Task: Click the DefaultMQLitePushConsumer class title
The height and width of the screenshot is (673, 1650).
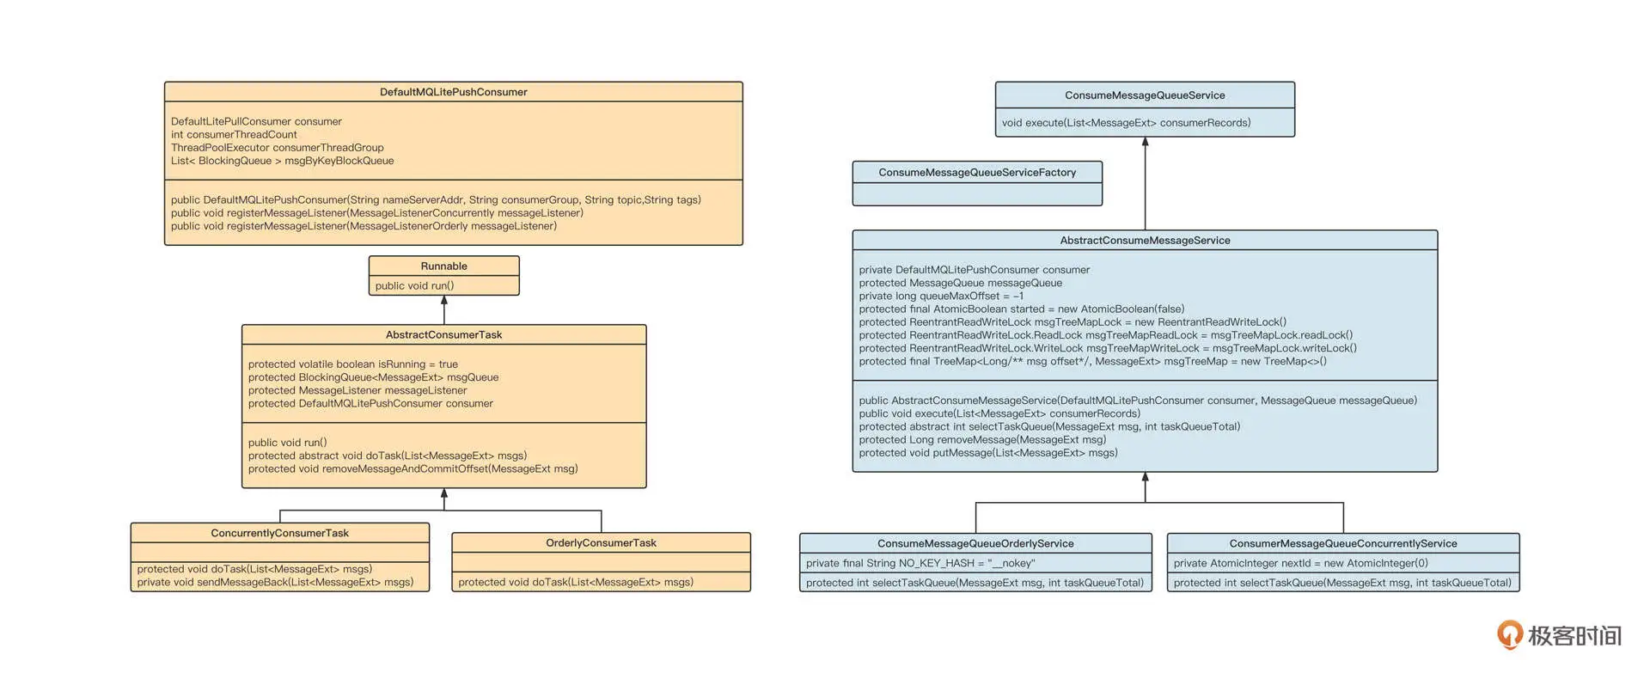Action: point(453,92)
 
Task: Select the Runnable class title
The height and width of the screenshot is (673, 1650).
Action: point(443,266)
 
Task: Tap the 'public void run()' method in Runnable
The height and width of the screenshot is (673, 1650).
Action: point(414,286)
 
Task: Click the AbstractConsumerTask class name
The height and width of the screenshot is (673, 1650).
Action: point(443,335)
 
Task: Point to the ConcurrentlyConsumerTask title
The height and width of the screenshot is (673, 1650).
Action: point(279,534)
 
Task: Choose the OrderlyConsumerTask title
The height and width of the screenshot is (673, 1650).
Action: point(601,543)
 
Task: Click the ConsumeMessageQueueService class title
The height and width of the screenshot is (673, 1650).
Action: point(1144,95)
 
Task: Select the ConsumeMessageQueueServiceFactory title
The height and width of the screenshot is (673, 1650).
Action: point(976,173)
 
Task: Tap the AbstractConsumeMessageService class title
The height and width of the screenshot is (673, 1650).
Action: point(1144,241)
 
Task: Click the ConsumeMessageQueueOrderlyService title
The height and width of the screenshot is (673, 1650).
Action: point(975,544)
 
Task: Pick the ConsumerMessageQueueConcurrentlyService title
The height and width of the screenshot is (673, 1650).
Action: point(1342,544)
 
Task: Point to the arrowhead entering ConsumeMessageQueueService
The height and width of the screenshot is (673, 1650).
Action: point(1145,142)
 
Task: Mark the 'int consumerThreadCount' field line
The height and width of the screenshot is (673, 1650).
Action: point(234,135)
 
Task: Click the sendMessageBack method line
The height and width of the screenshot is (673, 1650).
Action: point(275,583)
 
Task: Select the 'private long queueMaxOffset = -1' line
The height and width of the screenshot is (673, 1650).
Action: point(941,297)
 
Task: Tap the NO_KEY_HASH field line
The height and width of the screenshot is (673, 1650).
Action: point(920,564)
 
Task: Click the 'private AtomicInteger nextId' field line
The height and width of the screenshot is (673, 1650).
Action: point(1300,564)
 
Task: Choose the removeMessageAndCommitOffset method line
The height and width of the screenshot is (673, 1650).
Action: point(412,469)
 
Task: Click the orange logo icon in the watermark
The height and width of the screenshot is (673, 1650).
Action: point(1509,634)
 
